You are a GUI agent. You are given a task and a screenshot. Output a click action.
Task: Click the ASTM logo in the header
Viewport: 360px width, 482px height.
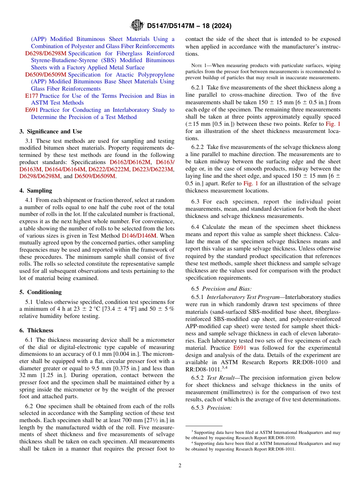click(x=137, y=25)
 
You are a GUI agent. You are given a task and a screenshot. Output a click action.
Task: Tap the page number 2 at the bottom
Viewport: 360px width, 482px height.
click(x=180, y=465)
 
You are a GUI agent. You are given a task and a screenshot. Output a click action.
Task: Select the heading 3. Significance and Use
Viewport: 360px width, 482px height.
click(x=51, y=131)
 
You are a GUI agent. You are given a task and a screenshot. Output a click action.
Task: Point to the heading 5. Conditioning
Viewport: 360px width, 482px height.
click(x=41, y=292)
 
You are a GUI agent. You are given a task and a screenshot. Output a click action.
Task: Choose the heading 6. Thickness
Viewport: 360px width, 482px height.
click(x=36, y=330)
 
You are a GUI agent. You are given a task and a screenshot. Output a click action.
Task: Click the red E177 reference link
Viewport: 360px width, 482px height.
click(x=31, y=96)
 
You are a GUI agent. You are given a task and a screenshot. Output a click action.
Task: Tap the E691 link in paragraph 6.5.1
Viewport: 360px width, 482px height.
click(x=239, y=347)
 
